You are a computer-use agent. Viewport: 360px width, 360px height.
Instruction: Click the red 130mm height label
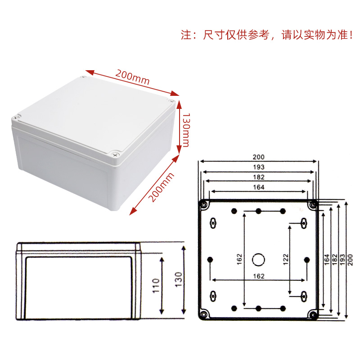point(185,127)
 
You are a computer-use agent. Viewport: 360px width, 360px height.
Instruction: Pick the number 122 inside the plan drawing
point(285,260)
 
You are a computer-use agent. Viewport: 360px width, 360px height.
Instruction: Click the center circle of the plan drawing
point(258,259)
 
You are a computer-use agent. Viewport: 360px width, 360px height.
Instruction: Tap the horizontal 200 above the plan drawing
point(258,157)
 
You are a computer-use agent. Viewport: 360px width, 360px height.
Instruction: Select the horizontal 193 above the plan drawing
point(258,167)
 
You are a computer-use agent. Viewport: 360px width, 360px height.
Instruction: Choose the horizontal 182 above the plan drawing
point(258,177)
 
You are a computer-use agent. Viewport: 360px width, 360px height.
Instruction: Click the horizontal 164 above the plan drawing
point(258,187)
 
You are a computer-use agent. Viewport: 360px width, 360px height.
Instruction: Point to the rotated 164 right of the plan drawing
point(327,260)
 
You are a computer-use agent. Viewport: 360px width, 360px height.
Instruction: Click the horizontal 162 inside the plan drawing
point(258,275)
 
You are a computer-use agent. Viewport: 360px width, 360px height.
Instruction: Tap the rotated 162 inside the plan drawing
point(239,260)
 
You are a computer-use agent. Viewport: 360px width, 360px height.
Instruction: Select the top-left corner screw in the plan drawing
point(205,205)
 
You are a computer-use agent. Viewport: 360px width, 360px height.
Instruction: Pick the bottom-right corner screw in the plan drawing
point(312,314)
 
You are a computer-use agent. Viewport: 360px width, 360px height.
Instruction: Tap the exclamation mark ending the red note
point(351,36)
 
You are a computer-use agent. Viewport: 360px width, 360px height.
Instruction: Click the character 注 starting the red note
point(186,36)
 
